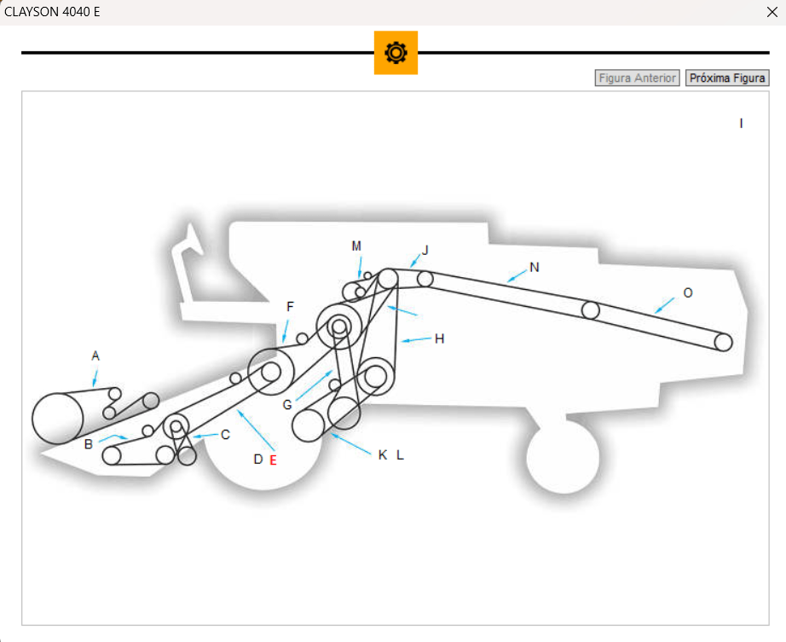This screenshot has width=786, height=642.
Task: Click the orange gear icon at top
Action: [x=396, y=53]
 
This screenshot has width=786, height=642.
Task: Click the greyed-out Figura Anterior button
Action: [x=637, y=78]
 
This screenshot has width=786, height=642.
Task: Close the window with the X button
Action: [x=772, y=12]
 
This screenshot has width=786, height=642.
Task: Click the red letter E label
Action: [x=273, y=460]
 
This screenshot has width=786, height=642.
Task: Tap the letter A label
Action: [x=95, y=356]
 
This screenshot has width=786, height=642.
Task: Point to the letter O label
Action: [x=688, y=292]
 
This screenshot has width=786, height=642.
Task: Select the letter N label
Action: [x=535, y=267]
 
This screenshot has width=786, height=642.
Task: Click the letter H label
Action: [x=439, y=338]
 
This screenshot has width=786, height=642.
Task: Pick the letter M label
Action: [x=356, y=246]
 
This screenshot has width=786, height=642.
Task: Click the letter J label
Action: [x=425, y=250]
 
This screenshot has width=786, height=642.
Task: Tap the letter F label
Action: [x=290, y=306]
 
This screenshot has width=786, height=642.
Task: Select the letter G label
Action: [x=287, y=404]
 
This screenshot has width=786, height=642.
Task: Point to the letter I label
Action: [x=741, y=124]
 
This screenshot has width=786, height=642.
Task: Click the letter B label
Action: [x=89, y=444]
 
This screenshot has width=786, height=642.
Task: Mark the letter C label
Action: [x=225, y=435]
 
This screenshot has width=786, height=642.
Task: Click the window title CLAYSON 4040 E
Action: [x=53, y=12]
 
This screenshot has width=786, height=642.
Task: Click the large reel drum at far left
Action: [x=58, y=418]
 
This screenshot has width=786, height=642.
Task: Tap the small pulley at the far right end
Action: [x=723, y=342]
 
